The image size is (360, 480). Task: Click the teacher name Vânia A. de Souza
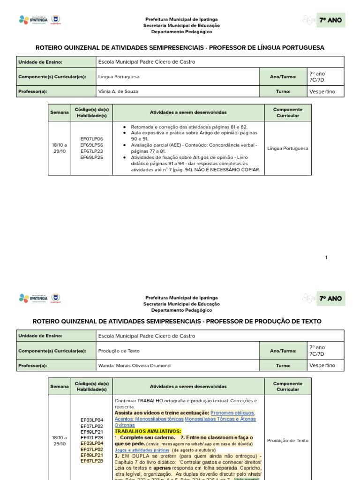[x=118, y=91]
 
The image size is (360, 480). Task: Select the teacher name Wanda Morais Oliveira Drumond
[x=134, y=366]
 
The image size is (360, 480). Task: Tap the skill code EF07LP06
[x=92, y=139]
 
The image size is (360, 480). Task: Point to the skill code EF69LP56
[x=92, y=145]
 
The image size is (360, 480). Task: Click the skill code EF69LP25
[x=92, y=157]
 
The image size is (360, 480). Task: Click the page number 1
[x=326, y=257]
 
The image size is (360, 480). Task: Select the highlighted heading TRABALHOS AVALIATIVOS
[x=148, y=431]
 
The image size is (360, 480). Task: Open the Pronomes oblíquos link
[x=232, y=413]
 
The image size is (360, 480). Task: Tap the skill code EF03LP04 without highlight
[x=92, y=420]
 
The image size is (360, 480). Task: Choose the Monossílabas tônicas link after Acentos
[x=160, y=419]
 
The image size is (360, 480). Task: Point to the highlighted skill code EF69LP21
[x=92, y=455]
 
